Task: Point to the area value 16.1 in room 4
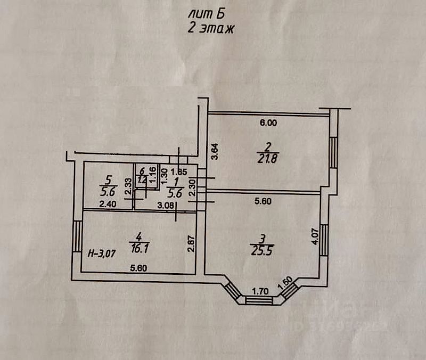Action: tap(138, 246)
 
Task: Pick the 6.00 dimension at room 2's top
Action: tap(268, 122)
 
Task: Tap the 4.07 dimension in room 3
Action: tap(315, 235)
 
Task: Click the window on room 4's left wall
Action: tap(77, 236)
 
